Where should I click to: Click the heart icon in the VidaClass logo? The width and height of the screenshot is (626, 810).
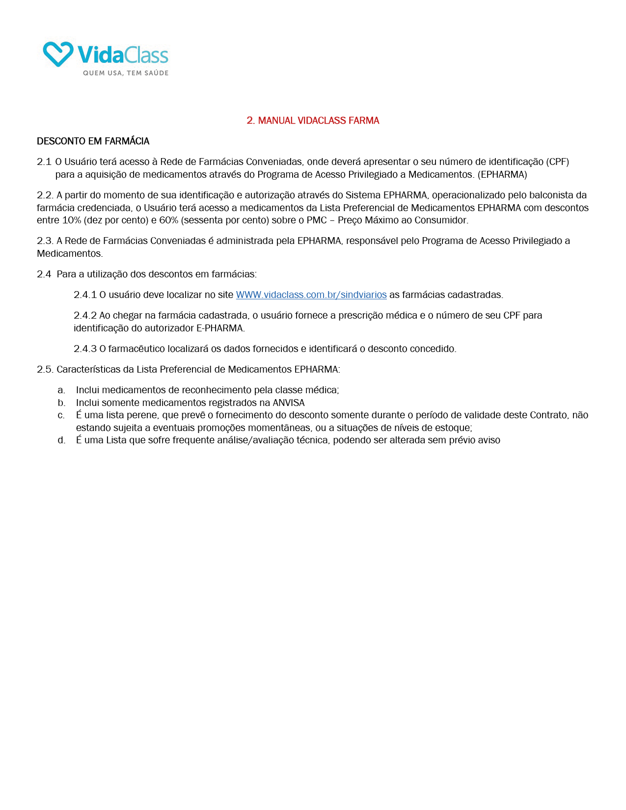click(x=58, y=54)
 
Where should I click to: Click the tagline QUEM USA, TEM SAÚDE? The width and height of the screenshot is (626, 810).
click(x=126, y=73)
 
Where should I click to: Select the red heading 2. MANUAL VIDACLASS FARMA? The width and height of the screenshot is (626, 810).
click(x=313, y=121)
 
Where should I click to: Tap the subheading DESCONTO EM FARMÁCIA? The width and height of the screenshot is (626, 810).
click(x=93, y=141)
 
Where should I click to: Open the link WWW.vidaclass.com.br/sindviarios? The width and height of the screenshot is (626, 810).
click(x=311, y=295)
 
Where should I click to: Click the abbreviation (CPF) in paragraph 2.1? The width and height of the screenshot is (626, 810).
click(x=557, y=162)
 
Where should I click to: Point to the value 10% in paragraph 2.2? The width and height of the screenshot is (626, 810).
click(x=72, y=220)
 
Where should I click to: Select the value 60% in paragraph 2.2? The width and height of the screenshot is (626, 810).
click(x=168, y=220)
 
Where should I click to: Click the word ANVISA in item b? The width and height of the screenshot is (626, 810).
click(x=289, y=403)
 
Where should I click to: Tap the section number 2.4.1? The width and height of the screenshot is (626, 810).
click(x=85, y=295)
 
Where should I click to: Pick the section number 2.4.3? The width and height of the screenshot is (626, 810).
click(x=85, y=349)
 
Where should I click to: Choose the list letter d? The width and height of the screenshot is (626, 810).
click(x=61, y=440)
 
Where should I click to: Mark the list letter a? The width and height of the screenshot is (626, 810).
click(x=61, y=390)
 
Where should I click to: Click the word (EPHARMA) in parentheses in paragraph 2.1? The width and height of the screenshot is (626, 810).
click(x=502, y=175)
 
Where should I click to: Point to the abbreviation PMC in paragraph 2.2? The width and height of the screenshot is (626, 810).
click(x=317, y=220)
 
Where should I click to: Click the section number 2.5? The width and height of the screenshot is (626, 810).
click(x=45, y=370)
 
